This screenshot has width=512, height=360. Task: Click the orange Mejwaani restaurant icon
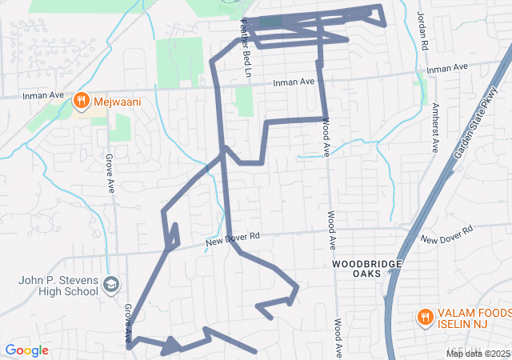coord(81,101)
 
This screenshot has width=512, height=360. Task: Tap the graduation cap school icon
coord(113,285)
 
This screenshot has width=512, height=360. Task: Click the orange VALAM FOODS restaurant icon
coord(425,318)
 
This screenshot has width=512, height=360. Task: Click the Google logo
coord(26,350)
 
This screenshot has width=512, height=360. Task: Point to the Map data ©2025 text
coord(477,354)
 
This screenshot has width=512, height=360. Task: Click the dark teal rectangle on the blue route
coord(270,22)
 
